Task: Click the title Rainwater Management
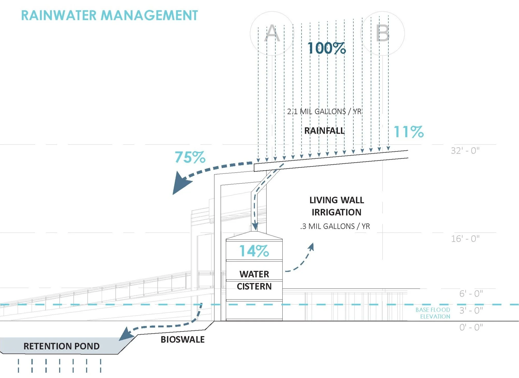[109, 15]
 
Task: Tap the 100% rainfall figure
[327, 48]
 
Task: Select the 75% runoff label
[190, 157]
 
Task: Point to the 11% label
[409, 132]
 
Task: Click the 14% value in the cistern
[254, 251]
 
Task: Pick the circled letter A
[272, 33]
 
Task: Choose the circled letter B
[383, 33]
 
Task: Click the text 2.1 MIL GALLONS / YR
[324, 111]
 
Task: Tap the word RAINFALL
[324, 131]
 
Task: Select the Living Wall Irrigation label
[336, 206]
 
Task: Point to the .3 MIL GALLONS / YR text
[335, 226]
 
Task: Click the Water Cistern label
[254, 280]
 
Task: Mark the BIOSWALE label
[183, 339]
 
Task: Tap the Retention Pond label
[61, 346]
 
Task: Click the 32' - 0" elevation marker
[465, 151]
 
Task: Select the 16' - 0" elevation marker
[465, 239]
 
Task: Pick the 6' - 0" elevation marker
[471, 294]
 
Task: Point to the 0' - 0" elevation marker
[471, 327]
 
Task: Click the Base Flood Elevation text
[433, 313]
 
